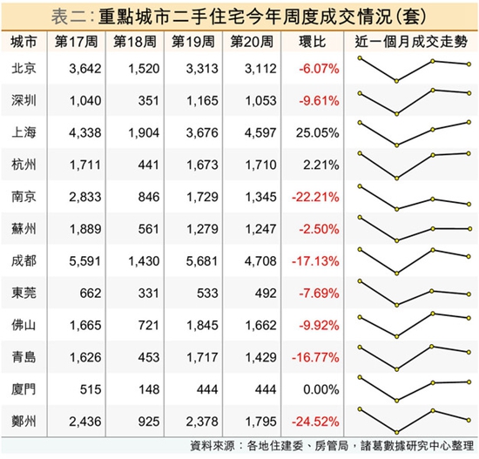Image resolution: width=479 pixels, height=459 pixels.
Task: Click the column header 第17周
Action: coord(76,42)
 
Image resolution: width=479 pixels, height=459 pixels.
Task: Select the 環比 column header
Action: coord(312,42)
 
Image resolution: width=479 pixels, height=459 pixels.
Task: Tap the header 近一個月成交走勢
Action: coord(411,42)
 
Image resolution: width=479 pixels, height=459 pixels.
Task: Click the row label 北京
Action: coord(24,68)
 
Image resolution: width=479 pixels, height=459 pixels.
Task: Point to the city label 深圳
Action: coord(24,100)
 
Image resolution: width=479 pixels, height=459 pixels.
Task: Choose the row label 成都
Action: coord(24,260)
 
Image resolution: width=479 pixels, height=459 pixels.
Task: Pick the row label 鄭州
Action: coord(24,421)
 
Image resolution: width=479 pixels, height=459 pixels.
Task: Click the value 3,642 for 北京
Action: coord(85,69)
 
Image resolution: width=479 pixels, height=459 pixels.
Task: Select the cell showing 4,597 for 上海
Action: coord(260,132)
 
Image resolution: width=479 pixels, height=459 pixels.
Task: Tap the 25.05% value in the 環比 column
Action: coord(317,132)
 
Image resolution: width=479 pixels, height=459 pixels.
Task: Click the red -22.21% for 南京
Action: coord(315,197)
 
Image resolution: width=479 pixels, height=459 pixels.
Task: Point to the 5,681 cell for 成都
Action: coord(202,261)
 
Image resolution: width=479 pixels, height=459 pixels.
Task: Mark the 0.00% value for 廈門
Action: coord(321,389)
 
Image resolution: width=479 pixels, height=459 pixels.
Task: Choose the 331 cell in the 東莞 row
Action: coord(148,293)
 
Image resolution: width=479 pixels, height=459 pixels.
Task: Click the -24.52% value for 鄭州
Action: coord(315,422)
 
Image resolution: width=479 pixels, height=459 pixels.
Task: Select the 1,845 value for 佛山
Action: coord(202,325)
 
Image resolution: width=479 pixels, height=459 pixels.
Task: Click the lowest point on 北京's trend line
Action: coord(396,81)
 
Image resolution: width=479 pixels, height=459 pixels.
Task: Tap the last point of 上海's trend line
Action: coord(469,122)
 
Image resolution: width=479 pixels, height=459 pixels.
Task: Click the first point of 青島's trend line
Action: coord(360,348)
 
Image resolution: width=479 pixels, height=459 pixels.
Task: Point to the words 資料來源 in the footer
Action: coord(212,446)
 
